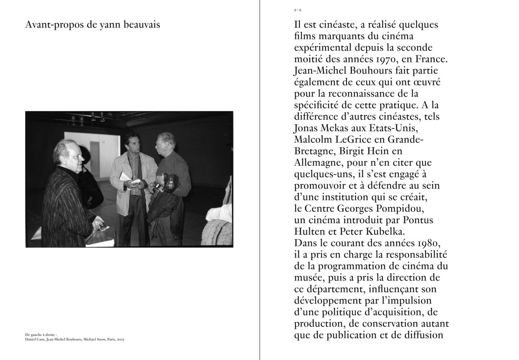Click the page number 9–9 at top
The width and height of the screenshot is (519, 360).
[x=297, y=10]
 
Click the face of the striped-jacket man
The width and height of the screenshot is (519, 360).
[x=67, y=154]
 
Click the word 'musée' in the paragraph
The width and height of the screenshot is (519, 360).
[x=310, y=278]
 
